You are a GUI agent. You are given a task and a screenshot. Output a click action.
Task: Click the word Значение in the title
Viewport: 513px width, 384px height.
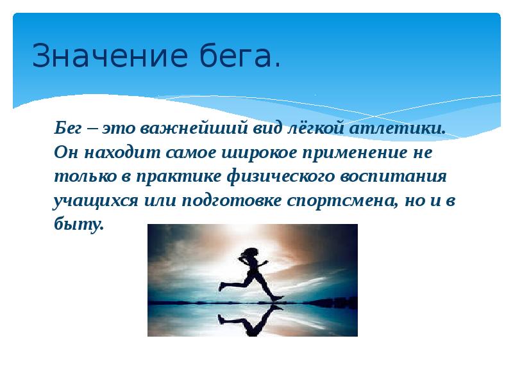pyautogui.click(x=101, y=56)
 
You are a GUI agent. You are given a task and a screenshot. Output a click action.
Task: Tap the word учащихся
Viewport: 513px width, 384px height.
pyautogui.click(x=87, y=200)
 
